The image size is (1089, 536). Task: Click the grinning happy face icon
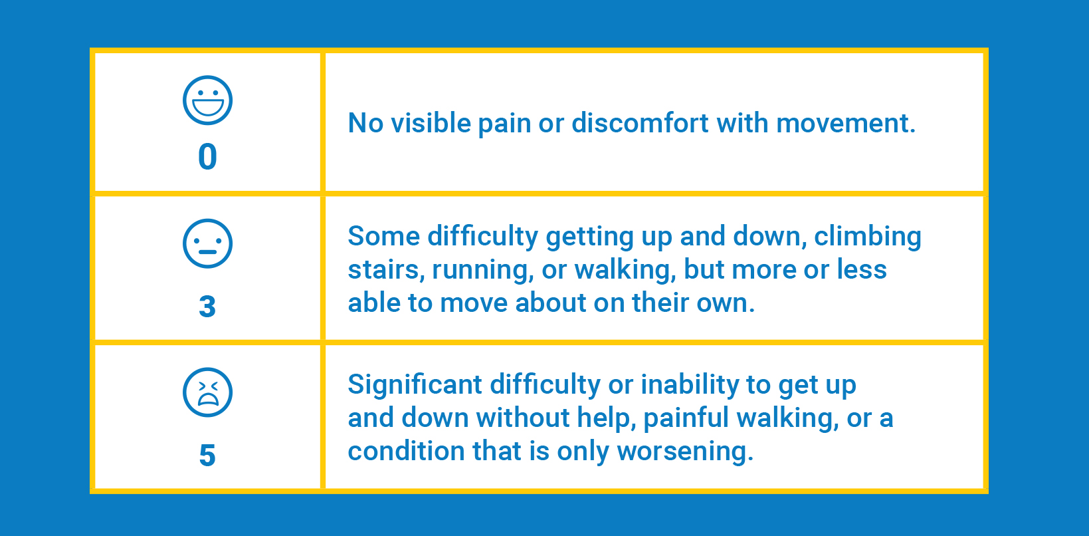tap(207, 100)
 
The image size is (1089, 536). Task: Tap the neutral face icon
tap(207, 243)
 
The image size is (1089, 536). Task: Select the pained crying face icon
tap(207, 392)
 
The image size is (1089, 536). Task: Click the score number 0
tap(207, 157)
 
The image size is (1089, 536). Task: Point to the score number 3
tap(207, 307)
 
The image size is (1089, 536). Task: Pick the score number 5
tap(207, 456)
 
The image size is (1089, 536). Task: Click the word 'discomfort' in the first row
tap(640, 122)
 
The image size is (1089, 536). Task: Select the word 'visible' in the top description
tap(431, 122)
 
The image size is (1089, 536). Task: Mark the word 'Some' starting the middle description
tap(384, 236)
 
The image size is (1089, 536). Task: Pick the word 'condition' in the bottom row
tap(407, 451)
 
